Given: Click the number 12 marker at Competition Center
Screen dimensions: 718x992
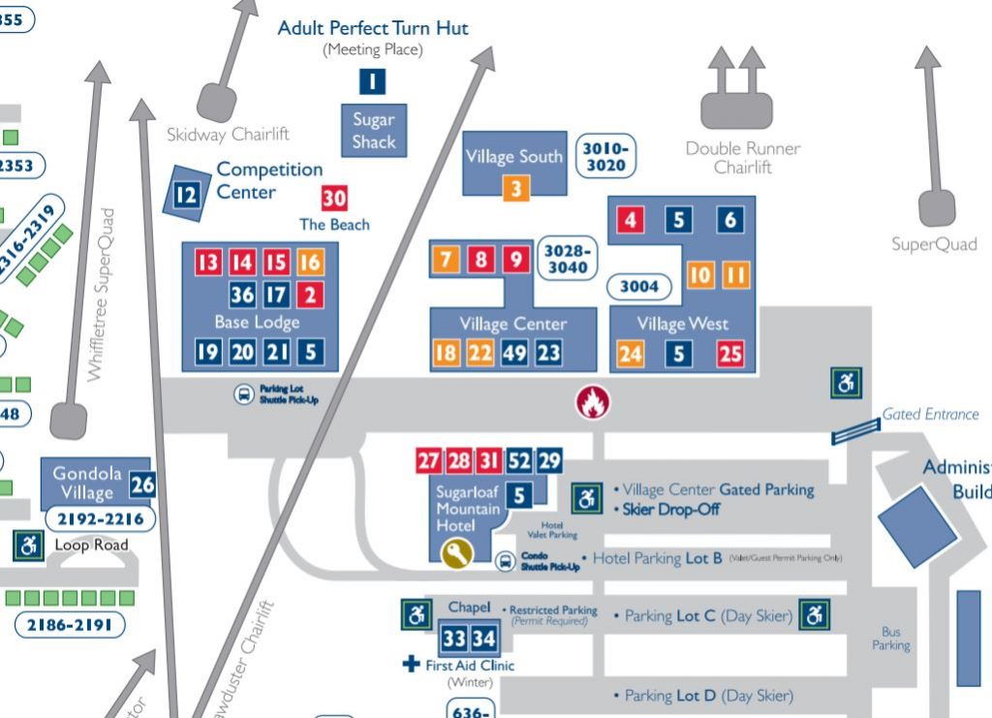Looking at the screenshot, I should tap(185, 196).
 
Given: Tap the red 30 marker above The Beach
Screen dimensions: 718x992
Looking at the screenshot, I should tap(334, 198).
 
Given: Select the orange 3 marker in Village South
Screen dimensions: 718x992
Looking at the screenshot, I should tap(516, 188).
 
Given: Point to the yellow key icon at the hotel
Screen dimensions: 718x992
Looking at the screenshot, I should tap(457, 552).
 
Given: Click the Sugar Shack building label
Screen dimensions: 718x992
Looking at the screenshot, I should tap(374, 131).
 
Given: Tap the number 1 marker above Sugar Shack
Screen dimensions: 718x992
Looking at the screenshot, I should tap(373, 81).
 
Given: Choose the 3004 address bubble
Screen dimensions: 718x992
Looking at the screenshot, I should tap(639, 286).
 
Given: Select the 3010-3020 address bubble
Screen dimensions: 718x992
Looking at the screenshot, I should tap(606, 157).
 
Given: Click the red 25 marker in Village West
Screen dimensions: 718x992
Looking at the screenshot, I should tap(730, 354).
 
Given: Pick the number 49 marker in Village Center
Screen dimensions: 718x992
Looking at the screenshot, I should tap(514, 354).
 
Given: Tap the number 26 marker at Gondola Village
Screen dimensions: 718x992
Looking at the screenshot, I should tap(142, 484).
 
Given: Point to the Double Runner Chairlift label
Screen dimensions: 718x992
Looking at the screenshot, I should tap(743, 157).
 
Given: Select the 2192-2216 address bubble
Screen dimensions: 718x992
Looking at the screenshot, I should tap(100, 519).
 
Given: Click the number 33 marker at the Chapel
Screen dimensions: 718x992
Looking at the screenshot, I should tap(454, 639).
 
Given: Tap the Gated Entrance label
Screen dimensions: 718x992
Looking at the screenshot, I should tap(930, 414).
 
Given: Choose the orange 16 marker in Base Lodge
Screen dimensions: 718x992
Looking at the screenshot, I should tap(310, 262).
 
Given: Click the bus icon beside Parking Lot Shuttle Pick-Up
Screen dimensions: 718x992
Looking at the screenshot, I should tap(243, 394).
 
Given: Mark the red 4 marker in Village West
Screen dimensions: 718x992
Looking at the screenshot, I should tap(631, 220).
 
